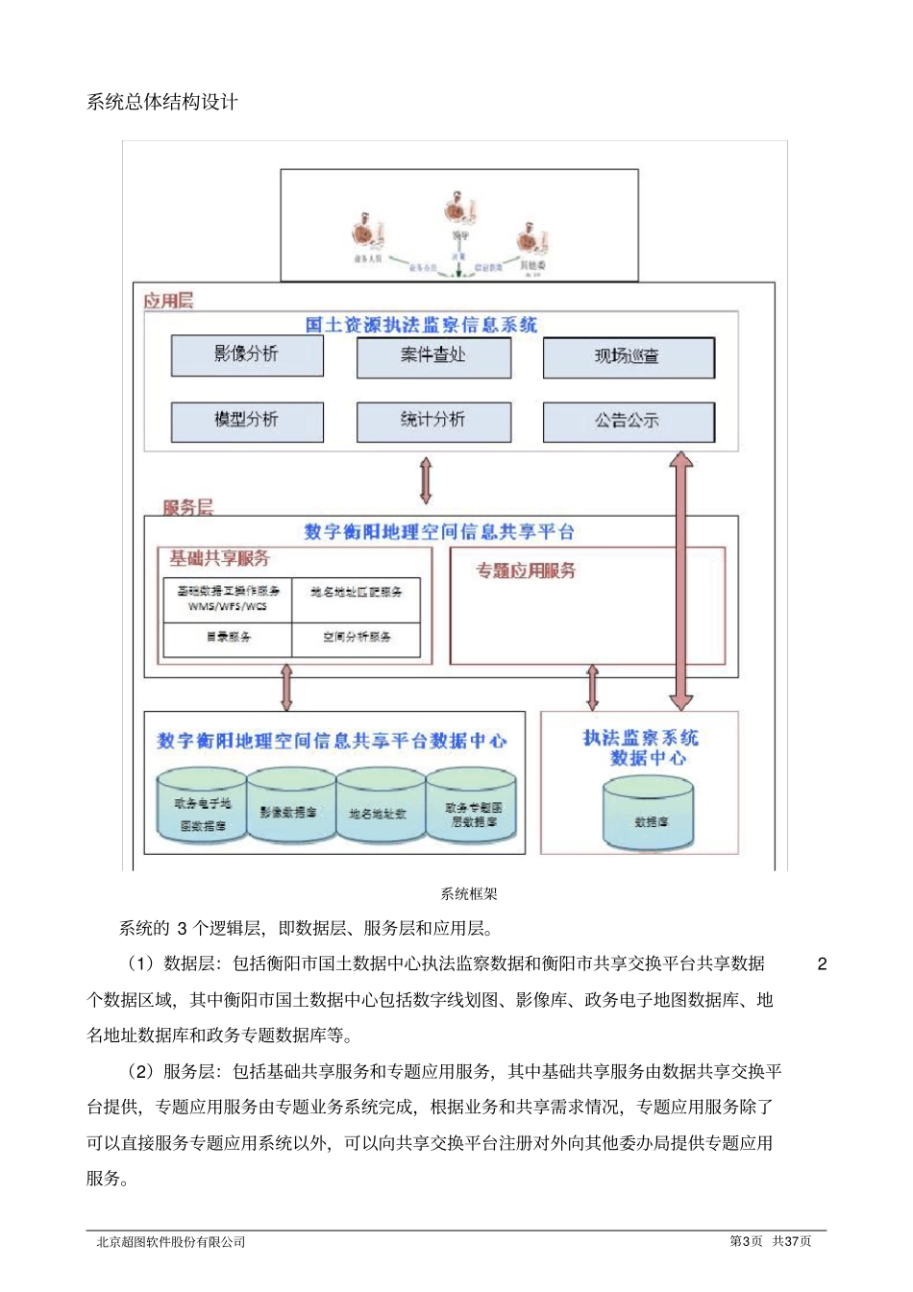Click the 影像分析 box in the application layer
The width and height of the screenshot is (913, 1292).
(247, 354)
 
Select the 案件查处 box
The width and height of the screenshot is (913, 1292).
(433, 356)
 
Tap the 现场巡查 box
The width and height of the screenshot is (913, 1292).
(629, 356)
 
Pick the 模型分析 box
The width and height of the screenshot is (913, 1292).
(247, 421)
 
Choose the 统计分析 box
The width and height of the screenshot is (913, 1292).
(433, 421)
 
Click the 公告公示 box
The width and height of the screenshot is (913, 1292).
(629, 422)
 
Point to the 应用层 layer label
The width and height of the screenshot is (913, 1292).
(168, 301)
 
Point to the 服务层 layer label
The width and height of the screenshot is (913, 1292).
(187, 507)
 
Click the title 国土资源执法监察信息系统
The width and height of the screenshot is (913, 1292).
(421, 325)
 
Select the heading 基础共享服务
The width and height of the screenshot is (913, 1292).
(219, 558)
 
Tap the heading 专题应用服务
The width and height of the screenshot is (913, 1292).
(526, 571)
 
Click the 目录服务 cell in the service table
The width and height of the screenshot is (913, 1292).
(228, 637)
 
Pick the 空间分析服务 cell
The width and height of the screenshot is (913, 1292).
(357, 637)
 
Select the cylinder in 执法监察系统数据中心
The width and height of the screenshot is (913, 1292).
(649, 817)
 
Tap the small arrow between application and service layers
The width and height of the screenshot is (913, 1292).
(426, 480)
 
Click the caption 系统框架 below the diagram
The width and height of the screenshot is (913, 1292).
(469, 893)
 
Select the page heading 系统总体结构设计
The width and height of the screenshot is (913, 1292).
(162, 102)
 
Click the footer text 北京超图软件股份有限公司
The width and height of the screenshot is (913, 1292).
(171, 1241)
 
